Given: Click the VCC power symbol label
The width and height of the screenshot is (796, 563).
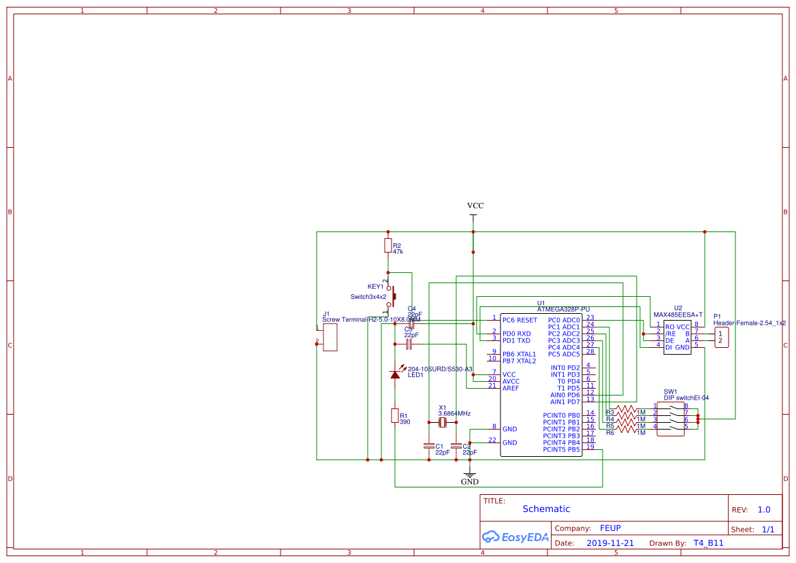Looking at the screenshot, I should (x=475, y=206).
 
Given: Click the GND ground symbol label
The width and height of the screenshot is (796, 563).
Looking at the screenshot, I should (x=469, y=481).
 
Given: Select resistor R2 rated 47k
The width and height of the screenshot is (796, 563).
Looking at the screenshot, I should (x=388, y=246).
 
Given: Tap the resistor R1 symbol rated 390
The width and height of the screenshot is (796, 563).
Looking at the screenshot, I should (x=395, y=415).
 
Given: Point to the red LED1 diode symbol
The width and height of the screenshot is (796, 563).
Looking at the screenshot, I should (x=395, y=374).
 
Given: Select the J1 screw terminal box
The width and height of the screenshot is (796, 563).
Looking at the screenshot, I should (x=330, y=337).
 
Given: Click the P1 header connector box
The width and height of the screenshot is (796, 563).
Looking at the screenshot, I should (x=721, y=337).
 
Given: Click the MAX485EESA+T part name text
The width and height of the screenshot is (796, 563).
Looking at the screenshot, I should (x=678, y=315).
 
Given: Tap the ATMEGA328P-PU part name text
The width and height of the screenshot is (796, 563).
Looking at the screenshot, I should (x=563, y=309).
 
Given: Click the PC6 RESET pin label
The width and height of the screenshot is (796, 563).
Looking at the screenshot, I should (x=520, y=320).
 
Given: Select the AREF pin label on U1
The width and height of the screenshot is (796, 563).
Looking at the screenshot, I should (x=511, y=388).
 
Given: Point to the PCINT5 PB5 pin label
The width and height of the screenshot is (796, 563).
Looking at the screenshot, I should (x=561, y=449).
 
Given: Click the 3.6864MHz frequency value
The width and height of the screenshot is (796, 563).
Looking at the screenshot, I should (x=454, y=413).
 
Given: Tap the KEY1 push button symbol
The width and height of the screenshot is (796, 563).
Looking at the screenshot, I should (x=391, y=295).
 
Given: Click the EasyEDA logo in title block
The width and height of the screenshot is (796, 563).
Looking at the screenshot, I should (x=515, y=536).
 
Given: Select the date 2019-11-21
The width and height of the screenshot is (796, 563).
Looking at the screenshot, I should (x=610, y=543).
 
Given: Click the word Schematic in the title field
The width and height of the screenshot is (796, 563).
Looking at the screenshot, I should (x=546, y=509).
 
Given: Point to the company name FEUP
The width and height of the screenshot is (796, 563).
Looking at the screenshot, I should (x=610, y=528).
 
